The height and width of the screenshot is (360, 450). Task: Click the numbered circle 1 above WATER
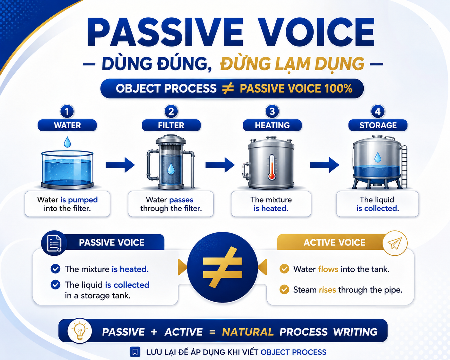[x=67, y=111]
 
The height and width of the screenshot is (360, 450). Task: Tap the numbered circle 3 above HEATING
[x=272, y=111]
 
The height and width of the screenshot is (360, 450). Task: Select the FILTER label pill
[x=171, y=125]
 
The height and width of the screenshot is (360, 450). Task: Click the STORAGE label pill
[x=378, y=125]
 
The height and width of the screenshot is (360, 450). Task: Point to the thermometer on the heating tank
[x=272, y=167]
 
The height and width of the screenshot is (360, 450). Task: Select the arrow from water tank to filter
[x=120, y=165]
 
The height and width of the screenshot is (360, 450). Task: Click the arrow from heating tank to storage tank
[x=325, y=165]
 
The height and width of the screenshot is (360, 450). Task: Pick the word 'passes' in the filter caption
[x=181, y=200]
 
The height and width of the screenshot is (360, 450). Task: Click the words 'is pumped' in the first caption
[x=79, y=200]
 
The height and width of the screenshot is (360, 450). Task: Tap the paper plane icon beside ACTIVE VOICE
[x=395, y=243]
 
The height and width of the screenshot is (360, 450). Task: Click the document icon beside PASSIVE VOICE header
[x=54, y=243]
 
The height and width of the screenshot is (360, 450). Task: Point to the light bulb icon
[x=80, y=331]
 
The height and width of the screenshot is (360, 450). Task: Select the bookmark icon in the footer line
[x=135, y=352]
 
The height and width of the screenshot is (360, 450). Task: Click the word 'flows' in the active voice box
[x=328, y=269]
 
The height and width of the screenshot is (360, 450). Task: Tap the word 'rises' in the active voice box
[x=327, y=290]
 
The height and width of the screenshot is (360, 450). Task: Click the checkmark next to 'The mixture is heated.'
[x=56, y=269]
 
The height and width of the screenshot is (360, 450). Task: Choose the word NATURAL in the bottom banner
[x=248, y=332]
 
